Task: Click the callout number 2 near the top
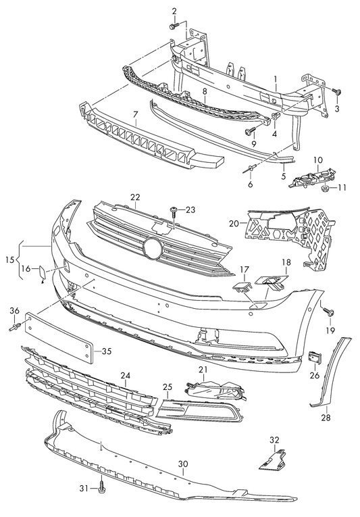tap(173, 11)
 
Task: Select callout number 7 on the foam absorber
tap(135, 116)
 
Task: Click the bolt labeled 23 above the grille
tap(174, 210)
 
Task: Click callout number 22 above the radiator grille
tap(135, 197)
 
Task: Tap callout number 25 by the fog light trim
tap(168, 387)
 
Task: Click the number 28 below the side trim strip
tap(326, 418)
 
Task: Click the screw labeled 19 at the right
tap(328, 312)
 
